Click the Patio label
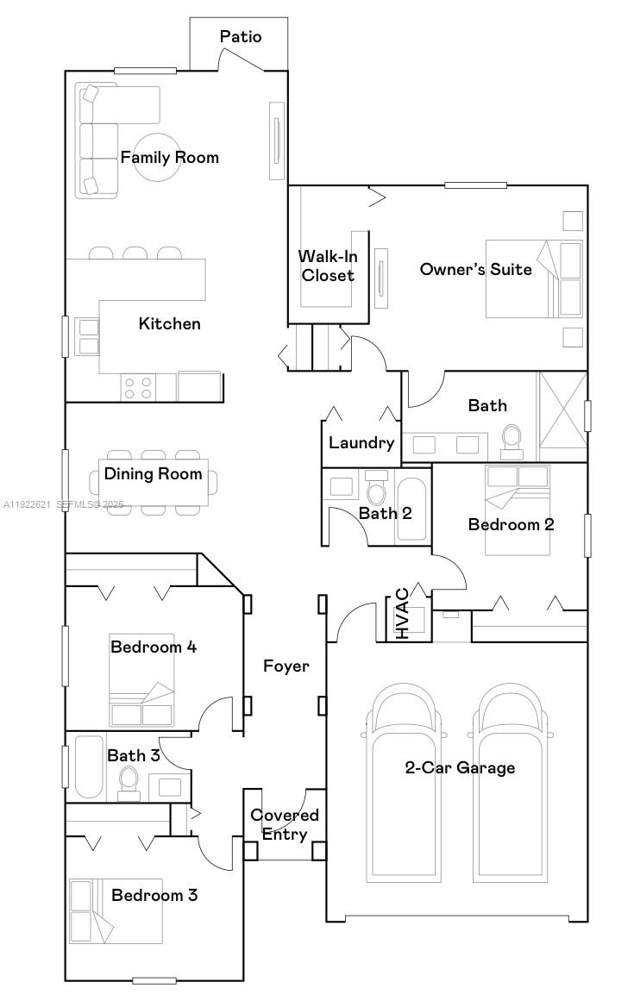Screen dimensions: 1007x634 (x=240, y=36)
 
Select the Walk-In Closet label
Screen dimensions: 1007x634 (x=327, y=266)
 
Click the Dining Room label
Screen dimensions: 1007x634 (x=154, y=473)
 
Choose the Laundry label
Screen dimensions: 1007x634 (x=361, y=443)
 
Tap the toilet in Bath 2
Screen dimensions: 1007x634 (x=377, y=491)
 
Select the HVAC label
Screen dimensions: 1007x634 (x=403, y=614)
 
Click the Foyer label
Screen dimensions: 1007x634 (x=286, y=666)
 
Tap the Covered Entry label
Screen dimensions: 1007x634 (x=285, y=824)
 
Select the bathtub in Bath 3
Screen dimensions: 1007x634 (x=88, y=767)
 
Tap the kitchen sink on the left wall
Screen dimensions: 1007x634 (x=89, y=336)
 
